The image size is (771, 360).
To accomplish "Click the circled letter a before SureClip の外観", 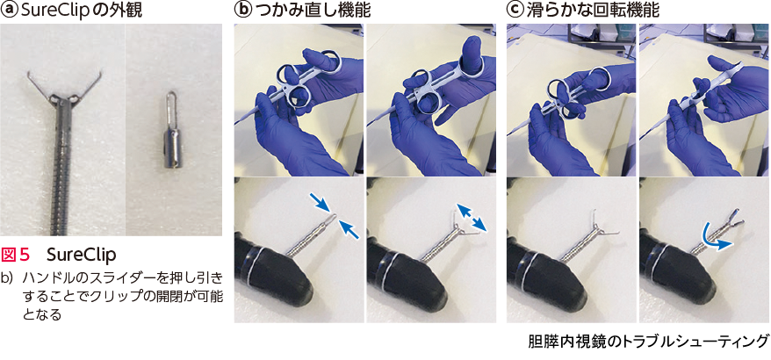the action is (x=8, y=11).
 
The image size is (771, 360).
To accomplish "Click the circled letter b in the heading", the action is (x=243, y=11).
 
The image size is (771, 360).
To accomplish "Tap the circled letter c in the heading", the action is (x=515, y=11).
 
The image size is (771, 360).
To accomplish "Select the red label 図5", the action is (x=16, y=255).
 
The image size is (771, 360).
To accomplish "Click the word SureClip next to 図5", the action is (x=82, y=255).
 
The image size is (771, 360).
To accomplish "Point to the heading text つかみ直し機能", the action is (x=311, y=11).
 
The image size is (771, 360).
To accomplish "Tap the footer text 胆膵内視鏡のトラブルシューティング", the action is (x=648, y=341).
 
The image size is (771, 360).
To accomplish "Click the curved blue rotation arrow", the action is (x=715, y=238).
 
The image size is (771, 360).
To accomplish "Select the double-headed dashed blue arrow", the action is (x=472, y=218).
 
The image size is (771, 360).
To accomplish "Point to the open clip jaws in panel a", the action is (x=64, y=88).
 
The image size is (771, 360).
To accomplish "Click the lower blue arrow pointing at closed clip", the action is (x=351, y=230).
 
